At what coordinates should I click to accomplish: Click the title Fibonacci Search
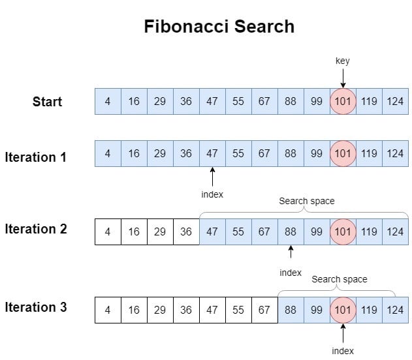(x=219, y=27)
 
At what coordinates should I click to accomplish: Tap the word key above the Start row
(x=343, y=61)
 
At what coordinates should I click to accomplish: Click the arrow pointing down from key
(x=343, y=78)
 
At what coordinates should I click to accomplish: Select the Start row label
(x=48, y=101)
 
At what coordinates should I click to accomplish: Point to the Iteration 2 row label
(x=36, y=229)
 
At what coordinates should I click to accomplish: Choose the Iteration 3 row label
(x=36, y=307)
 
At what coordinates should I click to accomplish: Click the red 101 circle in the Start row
(x=343, y=101)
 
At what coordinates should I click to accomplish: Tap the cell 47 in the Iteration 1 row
(x=212, y=154)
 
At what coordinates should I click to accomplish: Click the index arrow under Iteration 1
(x=212, y=177)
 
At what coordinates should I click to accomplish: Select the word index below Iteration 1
(x=212, y=194)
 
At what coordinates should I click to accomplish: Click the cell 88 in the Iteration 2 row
(x=291, y=232)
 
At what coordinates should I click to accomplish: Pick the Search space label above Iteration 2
(x=306, y=201)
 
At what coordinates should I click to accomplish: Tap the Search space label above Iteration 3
(x=339, y=279)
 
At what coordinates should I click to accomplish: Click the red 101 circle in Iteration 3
(x=343, y=310)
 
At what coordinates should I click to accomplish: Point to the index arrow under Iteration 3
(x=343, y=333)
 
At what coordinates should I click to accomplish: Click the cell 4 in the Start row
(x=108, y=101)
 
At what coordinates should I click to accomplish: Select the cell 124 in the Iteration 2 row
(x=395, y=232)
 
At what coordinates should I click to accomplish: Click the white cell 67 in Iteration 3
(x=264, y=310)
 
